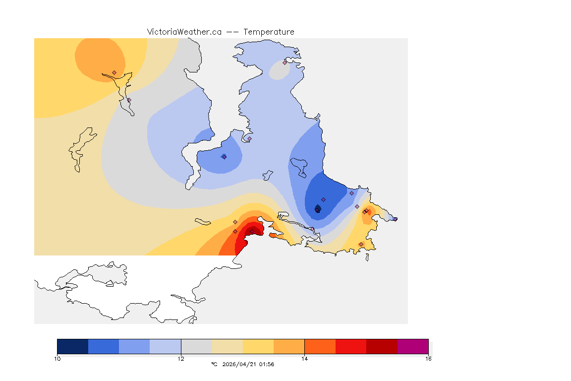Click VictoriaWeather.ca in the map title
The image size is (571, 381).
point(184,32)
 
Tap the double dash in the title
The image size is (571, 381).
point(232,32)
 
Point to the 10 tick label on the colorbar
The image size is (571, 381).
point(57,358)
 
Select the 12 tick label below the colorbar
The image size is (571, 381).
point(181,358)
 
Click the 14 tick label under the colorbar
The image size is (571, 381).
point(304,358)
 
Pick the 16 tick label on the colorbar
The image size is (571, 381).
point(428,358)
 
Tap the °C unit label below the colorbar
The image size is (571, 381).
point(214,364)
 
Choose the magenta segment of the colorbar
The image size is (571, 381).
point(412,346)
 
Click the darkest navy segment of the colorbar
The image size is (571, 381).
point(73,346)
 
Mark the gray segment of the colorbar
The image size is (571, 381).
point(196,346)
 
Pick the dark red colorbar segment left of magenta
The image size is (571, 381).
point(382,346)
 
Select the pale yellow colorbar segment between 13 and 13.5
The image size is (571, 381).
point(258,346)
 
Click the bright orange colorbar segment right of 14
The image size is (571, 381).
point(320,346)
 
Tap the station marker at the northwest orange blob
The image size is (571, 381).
point(114,72)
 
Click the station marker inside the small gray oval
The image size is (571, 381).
point(285,63)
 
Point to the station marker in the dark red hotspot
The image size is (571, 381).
point(252,231)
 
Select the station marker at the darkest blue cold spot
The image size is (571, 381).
point(317,210)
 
